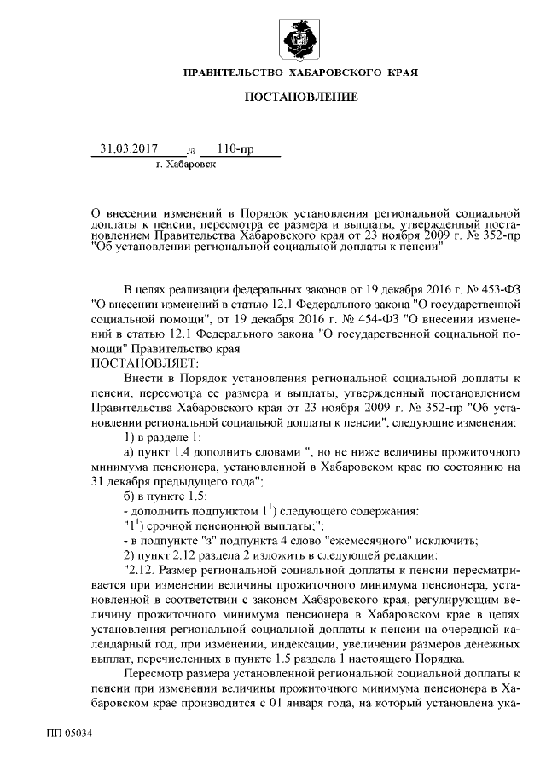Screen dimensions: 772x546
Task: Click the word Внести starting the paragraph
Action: (x=142, y=377)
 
